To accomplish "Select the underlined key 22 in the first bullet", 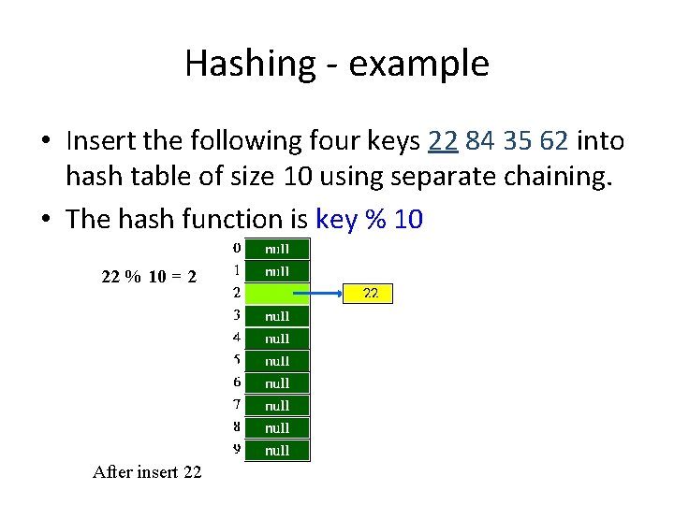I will pyautogui.click(x=443, y=141).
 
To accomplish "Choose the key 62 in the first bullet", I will pyautogui.click(x=554, y=141).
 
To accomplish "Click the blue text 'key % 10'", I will pyautogui.click(x=370, y=219).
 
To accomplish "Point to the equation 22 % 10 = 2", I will pyautogui.click(x=149, y=276).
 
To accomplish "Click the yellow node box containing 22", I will pyautogui.click(x=370, y=294).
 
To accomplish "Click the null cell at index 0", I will pyautogui.click(x=277, y=249).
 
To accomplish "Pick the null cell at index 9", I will pyautogui.click(x=277, y=450).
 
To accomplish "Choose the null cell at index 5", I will pyautogui.click(x=277, y=361).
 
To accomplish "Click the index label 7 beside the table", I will pyautogui.click(x=237, y=404).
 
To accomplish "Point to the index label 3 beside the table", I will pyautogui.click(x=237, y=315).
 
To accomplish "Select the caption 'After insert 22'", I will pyautogui.click(x=147, y=472).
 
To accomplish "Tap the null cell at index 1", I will pyautogui.click(x=277, y=271).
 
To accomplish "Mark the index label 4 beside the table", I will pyautogui.click(x=237, y=337).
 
